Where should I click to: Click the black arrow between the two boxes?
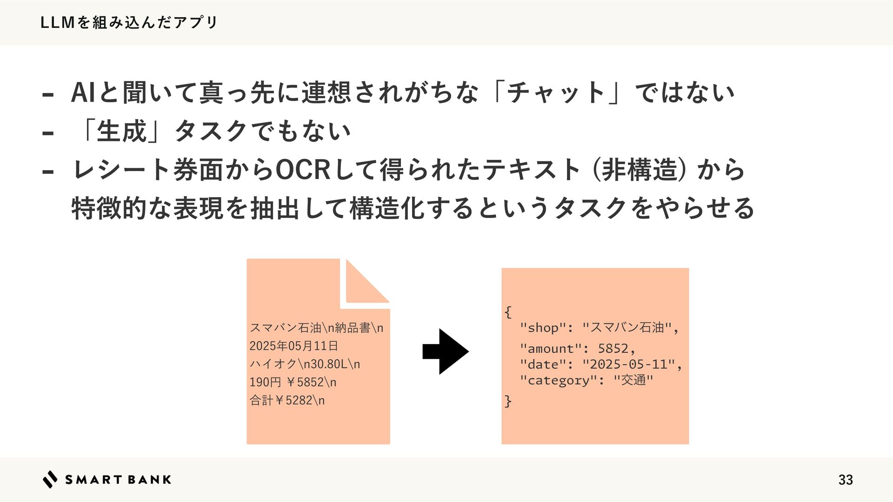tap(445, 351)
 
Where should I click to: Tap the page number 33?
tap(845, 480)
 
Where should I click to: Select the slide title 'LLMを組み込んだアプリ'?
tap(129, 22)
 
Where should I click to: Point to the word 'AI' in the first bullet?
tap(83, 92)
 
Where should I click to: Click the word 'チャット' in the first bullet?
tap(556, 92)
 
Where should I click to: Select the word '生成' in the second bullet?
tap(121, 131)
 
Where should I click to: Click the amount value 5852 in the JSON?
tap(613, 348)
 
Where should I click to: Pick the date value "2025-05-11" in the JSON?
tap(628, 364)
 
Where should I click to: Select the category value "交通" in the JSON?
tap(633, 380)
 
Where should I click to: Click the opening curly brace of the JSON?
tap(508, 311)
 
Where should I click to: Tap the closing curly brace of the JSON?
tap(508, 400)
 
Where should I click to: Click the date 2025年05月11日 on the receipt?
tap(293, 346)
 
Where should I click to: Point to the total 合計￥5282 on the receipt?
tap(287, 400)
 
